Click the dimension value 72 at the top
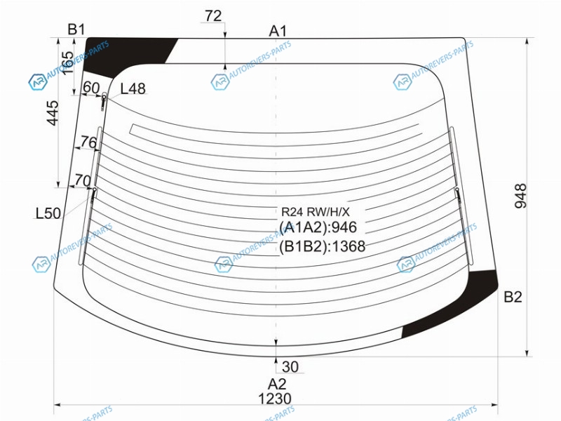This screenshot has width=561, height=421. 213,15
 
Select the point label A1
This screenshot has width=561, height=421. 278,31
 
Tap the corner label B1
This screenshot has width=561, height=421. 76,29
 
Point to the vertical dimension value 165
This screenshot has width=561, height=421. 67,62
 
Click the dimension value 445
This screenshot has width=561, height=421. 53,113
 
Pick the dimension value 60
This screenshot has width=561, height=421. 91,87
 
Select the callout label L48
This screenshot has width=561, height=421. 133,88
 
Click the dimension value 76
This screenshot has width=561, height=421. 88,142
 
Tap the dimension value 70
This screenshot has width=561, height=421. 83,180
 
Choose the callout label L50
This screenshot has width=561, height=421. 48,213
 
